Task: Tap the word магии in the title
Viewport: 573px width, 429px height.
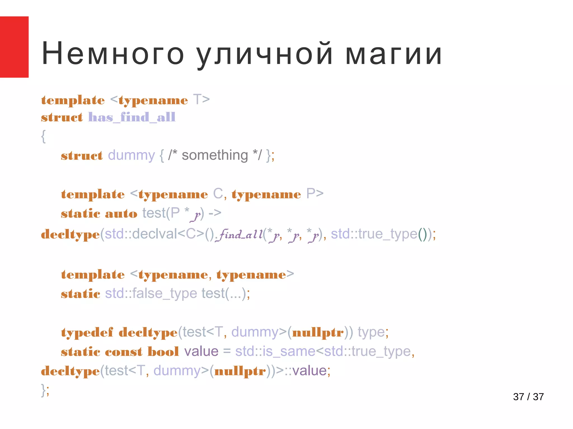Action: click(x=393, y=54)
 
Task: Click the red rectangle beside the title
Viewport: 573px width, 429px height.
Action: click(x=14, y=47)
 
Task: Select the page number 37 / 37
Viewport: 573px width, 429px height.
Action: click(x=528, y=397)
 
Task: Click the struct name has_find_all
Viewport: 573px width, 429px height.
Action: click(x=132, y=117)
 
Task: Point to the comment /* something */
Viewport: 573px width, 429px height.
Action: click(x=215, y=155)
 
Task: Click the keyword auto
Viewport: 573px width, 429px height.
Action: click(x=121, y=214)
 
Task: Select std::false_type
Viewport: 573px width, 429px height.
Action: click(x=151, y=294)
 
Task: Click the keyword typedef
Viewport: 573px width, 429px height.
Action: click(x=87, y=333)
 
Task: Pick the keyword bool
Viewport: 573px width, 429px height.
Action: click(x=163, y=352)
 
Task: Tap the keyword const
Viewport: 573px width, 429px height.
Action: click(x=123, y=352)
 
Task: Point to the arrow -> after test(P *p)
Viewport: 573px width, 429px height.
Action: click(x=215, y=213)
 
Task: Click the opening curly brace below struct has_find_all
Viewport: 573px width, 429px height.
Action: click(x=43, y=137)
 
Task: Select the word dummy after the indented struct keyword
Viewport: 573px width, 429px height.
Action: click(x=131, y=155)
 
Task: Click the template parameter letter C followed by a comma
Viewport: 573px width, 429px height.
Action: click(x=218, y=194)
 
